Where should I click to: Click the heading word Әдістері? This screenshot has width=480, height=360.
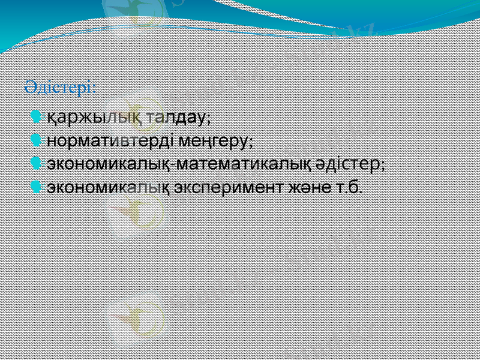click(x=59, y=88)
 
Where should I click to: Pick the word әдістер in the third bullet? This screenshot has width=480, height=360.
click(x=350, y=163)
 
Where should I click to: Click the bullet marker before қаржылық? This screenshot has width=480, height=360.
click(x=38, y=115)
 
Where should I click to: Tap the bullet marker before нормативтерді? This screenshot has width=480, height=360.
click(x=38, y=140)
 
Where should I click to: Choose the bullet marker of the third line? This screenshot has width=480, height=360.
click(x=38, y=163)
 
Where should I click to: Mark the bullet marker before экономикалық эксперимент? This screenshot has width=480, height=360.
click(x=38, y=186)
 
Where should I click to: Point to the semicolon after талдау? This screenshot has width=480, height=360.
click(x=208, y=118)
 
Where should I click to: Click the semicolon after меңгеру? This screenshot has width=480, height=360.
click(x=251, y=143)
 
